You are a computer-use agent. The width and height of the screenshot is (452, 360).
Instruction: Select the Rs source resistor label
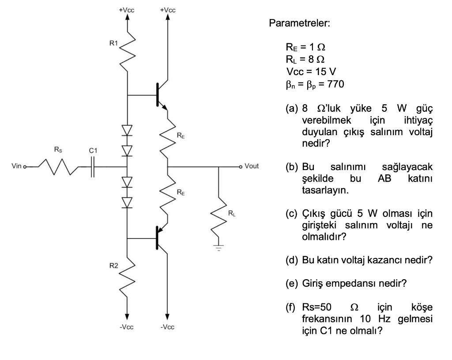pyautogui.click(x=58, y=150)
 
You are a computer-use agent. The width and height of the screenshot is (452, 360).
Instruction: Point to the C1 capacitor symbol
pyautogui.click(x=92, y=167)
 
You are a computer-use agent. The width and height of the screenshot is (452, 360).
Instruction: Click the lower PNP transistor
pyautogui.click(x=160, y=238)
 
